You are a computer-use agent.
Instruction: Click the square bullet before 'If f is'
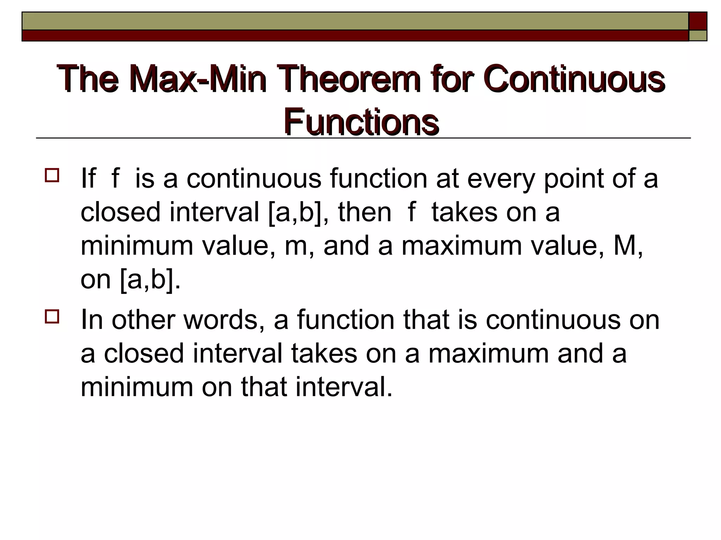pos(51,175)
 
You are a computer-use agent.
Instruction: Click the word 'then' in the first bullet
pos(365,212)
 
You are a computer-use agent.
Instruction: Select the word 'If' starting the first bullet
pos(88,178)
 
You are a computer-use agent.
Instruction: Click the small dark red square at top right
pos(697,21)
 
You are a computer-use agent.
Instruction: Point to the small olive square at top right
pos(698,36)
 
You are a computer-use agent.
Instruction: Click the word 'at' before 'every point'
pos(447,179)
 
